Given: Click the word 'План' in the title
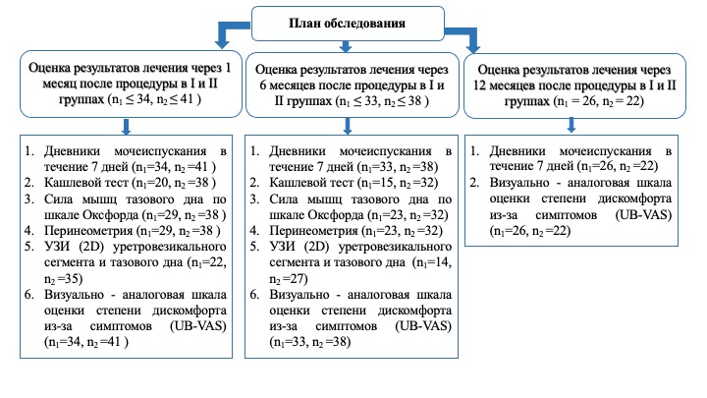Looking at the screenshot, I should pyautogui.click(x=305, y=23).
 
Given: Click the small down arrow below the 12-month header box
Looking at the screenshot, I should pyautogui.click(x=572, y=125).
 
